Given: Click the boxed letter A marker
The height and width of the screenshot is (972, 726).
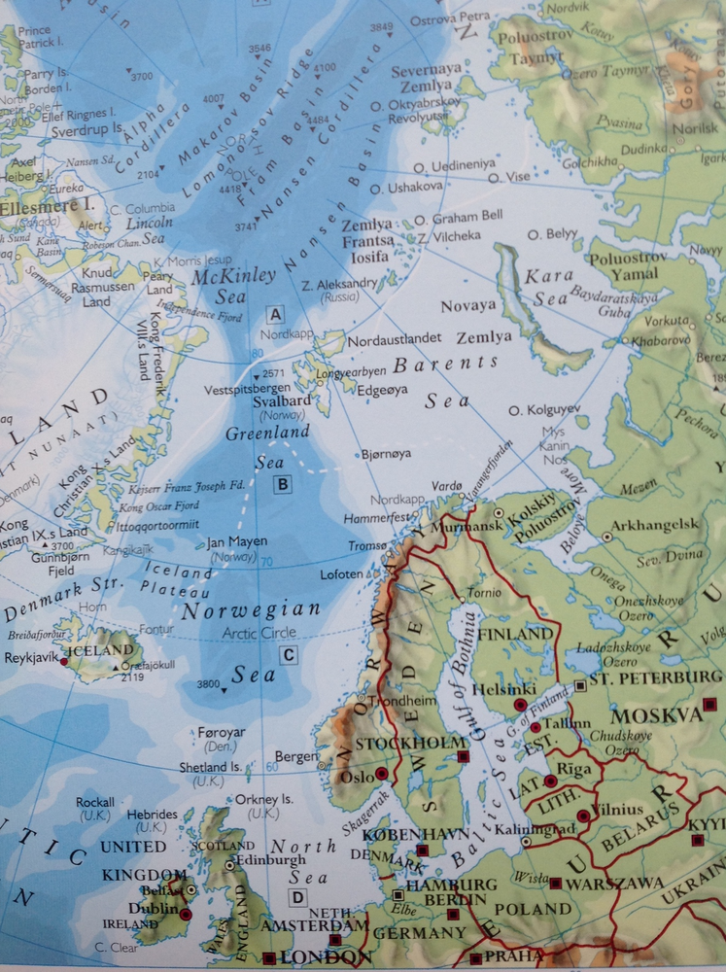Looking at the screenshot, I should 275,314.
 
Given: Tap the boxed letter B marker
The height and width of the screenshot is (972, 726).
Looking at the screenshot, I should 282,484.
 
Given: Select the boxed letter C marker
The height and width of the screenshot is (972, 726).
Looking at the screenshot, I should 288,655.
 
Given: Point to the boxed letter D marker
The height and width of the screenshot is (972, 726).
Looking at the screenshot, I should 297,897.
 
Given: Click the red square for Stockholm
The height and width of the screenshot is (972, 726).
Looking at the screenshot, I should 464,755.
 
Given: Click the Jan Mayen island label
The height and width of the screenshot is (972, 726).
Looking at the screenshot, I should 237,542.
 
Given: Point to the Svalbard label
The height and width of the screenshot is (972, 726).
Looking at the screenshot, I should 285,401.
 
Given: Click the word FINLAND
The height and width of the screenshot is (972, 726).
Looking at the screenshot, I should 516,634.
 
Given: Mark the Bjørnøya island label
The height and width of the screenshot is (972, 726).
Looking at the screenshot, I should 386,453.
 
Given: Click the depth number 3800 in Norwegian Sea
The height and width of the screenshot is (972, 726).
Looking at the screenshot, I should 208,683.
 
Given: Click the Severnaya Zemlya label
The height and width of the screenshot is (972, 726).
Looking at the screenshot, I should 426,78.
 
